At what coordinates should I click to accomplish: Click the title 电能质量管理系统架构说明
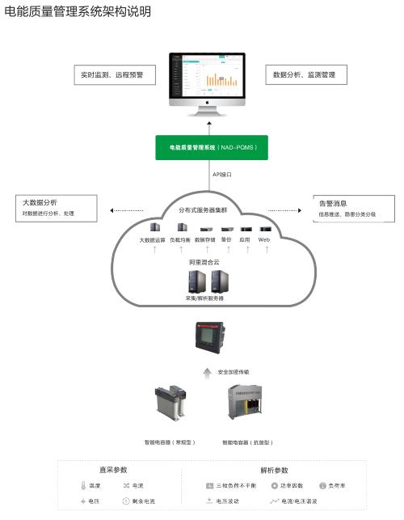coord(78,12)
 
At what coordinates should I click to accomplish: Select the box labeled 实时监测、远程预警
coord(112,74)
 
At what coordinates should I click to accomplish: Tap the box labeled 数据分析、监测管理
coord(305,74)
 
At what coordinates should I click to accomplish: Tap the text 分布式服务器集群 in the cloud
coord(205,210)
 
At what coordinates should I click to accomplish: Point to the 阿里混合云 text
coord(204,262)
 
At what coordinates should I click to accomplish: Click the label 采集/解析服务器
coord(204,298)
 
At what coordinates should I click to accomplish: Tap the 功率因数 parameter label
coord(292,486)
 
